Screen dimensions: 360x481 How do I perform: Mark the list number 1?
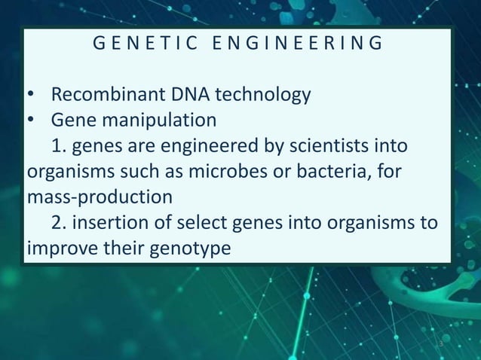[x=57, y=145]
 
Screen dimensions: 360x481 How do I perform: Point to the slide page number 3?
[x=442, y=346]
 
